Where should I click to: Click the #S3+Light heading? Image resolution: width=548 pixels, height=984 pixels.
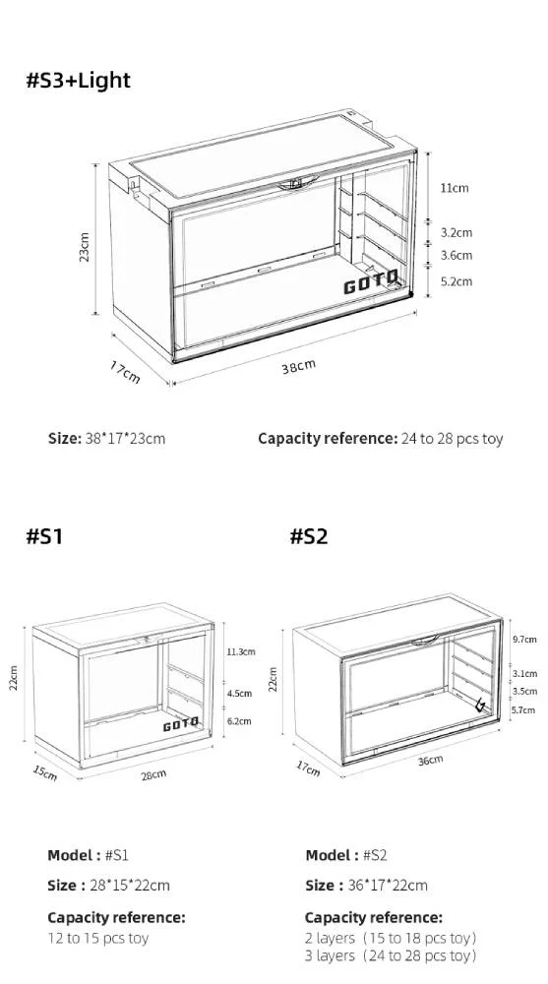point(78,81)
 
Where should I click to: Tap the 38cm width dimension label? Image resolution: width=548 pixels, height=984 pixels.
point(299,366)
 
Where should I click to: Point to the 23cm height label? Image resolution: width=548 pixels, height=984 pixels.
point(85,247)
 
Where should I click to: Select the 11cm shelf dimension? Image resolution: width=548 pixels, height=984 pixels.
point(454,188)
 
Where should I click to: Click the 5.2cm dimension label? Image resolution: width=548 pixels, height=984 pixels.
point(457,281)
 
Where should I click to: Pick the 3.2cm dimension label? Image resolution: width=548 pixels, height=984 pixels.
point(457,233)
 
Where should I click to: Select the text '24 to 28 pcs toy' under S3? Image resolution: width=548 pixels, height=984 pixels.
point(452,438)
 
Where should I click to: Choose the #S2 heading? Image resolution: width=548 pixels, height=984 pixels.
point(309,536)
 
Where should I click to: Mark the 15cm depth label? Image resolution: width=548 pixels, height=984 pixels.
point(45,773)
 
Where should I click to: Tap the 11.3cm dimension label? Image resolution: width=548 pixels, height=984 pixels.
point(241,652)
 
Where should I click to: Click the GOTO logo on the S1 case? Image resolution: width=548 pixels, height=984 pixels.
point(180,725)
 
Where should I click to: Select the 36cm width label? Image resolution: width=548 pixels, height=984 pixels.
point(430,759)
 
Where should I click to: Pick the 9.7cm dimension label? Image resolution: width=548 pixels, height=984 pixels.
point(525,639)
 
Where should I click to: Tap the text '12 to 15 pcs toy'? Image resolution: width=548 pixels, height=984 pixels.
point(98,938)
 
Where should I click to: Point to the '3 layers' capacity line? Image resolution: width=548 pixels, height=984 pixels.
point(391,955)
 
